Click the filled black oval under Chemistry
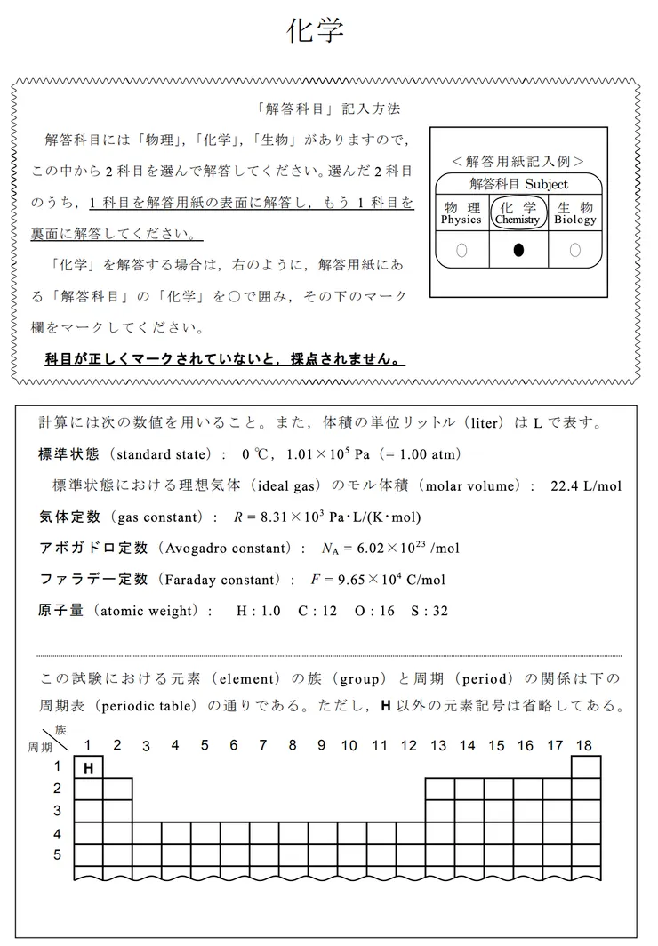coord(518,251)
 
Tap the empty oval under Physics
coord(461,251)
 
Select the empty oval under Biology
coord(574,251)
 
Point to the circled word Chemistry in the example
coord(518,219)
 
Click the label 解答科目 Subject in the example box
coord(518,184)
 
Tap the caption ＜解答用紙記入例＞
coord(518,162)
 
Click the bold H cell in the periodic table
coord(88,766)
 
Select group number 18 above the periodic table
coord(584,745)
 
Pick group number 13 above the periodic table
coord(437,745)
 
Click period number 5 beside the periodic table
coord(58,855)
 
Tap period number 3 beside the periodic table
coord(58,811)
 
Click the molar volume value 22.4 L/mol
coord(586,485)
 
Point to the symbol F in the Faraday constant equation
coord(314,580)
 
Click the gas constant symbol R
coord(237,517)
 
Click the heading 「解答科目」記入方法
coord(326,108)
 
